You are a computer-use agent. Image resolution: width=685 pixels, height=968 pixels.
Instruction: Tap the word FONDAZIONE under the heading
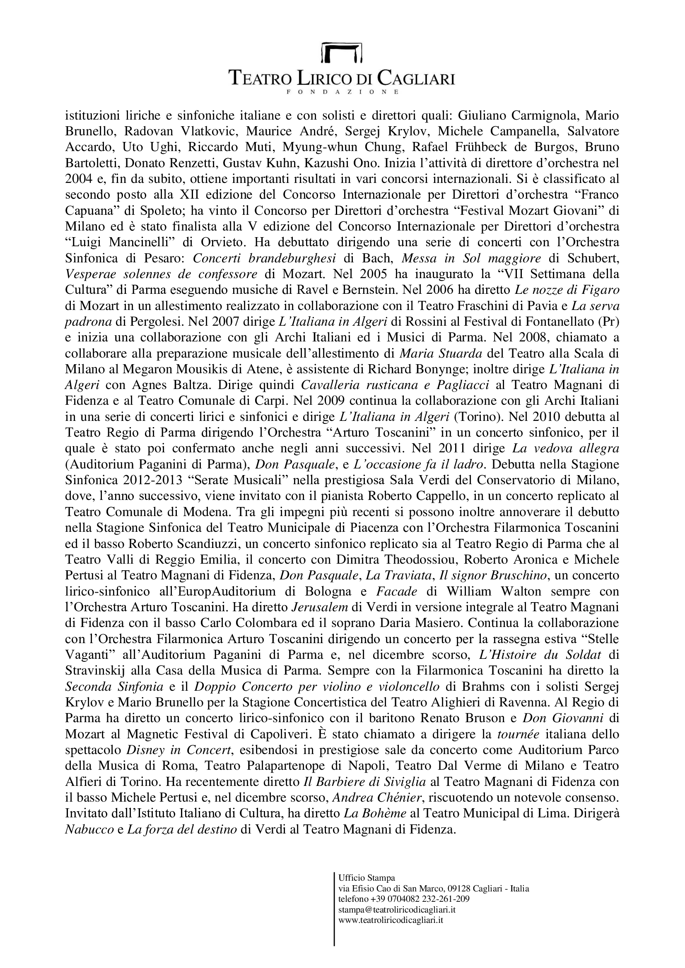342,91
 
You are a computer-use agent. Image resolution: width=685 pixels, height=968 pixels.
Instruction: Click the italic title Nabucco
89,830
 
